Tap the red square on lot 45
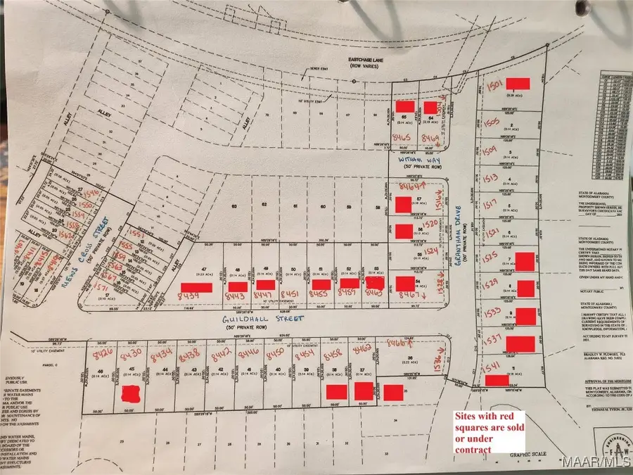click(x=130, y=393)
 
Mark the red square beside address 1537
click(x=521, y=343)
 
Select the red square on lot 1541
click(x=497, y=380)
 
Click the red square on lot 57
click(x=403, y=205)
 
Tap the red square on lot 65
click(x=404, y=106)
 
